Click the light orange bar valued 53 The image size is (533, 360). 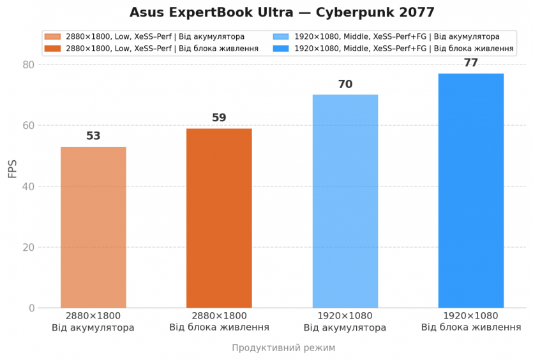[x=93, y=227]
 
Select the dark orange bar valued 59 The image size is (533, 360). [x=219, y=218]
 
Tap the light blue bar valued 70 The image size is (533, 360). [x=345, y=201]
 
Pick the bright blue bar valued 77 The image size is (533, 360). [x=470, y=191]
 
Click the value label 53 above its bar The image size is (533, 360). [x=93, y=136]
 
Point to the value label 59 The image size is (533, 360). [x=219, y=118]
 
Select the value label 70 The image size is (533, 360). [x=345, y=84]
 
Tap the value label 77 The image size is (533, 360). [x=470, y=63]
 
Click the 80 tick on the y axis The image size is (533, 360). [x=27, y=64]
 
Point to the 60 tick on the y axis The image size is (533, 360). [x=27, y=126]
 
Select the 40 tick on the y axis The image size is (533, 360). [x=27, y=186]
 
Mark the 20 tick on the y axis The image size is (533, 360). [x=27, y=247]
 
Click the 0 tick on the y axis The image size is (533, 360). [x=31, y=308]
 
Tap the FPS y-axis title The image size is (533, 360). [x=13, y=169]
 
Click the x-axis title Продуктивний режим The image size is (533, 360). [x=283, y=348]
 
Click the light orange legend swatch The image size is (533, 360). [x=53, y=37]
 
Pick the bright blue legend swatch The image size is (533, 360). [x=281, y=49]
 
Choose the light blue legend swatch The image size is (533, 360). [x=281, y=37]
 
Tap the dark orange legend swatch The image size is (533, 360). [x=53, y=49]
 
